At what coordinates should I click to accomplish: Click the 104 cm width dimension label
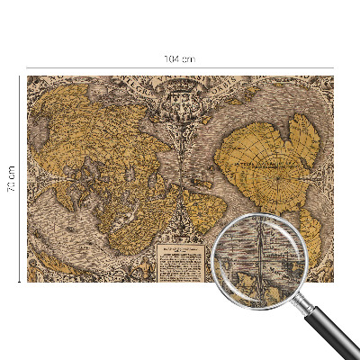coord(179,58)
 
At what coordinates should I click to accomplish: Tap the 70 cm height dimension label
coord(12,179)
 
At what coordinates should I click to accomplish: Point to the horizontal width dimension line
coord(108,67)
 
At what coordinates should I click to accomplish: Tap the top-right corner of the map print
coord(333,76)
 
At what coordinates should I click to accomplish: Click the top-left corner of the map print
coord(27,76)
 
